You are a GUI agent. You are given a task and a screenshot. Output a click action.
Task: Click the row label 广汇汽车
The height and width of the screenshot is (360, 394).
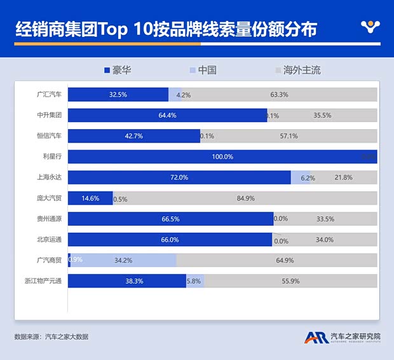[49, 95]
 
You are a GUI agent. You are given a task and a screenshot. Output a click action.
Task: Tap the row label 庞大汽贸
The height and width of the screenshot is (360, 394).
[49, 198]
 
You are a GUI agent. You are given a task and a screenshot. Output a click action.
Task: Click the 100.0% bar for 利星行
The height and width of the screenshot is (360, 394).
[222, 156]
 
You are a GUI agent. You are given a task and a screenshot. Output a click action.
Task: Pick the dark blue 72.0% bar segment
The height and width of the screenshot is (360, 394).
[179, 177]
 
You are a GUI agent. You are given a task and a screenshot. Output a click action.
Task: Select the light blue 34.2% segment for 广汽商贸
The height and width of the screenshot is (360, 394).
[123, 260]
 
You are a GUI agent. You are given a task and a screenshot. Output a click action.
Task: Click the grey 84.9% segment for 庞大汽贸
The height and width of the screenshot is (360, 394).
[245, 198]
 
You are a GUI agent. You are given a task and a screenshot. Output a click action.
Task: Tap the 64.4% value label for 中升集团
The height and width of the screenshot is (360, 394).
[167, 115]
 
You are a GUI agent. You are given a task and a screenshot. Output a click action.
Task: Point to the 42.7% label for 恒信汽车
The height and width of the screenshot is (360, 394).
[134, 136]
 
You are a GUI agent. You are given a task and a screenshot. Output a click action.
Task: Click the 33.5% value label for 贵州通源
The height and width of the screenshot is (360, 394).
[325, 219]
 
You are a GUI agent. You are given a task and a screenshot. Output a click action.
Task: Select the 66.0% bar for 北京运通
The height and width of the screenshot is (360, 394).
[170, 240]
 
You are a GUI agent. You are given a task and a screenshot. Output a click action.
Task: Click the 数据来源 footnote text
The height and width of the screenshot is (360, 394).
[51, 336]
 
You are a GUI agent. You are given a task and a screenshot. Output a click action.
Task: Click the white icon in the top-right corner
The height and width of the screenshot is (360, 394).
[369, 27]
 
